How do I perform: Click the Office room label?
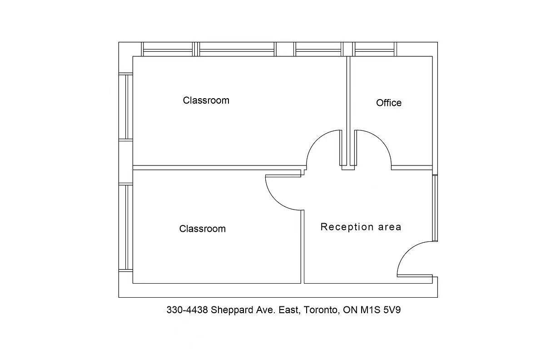388,103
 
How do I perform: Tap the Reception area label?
361,227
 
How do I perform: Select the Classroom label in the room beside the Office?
206,100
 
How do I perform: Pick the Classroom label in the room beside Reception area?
202,229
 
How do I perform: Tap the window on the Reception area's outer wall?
435,208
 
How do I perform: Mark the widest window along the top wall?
237,49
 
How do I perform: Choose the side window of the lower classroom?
126,227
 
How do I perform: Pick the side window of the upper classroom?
126,106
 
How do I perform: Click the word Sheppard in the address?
231,310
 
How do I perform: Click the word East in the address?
288,310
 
